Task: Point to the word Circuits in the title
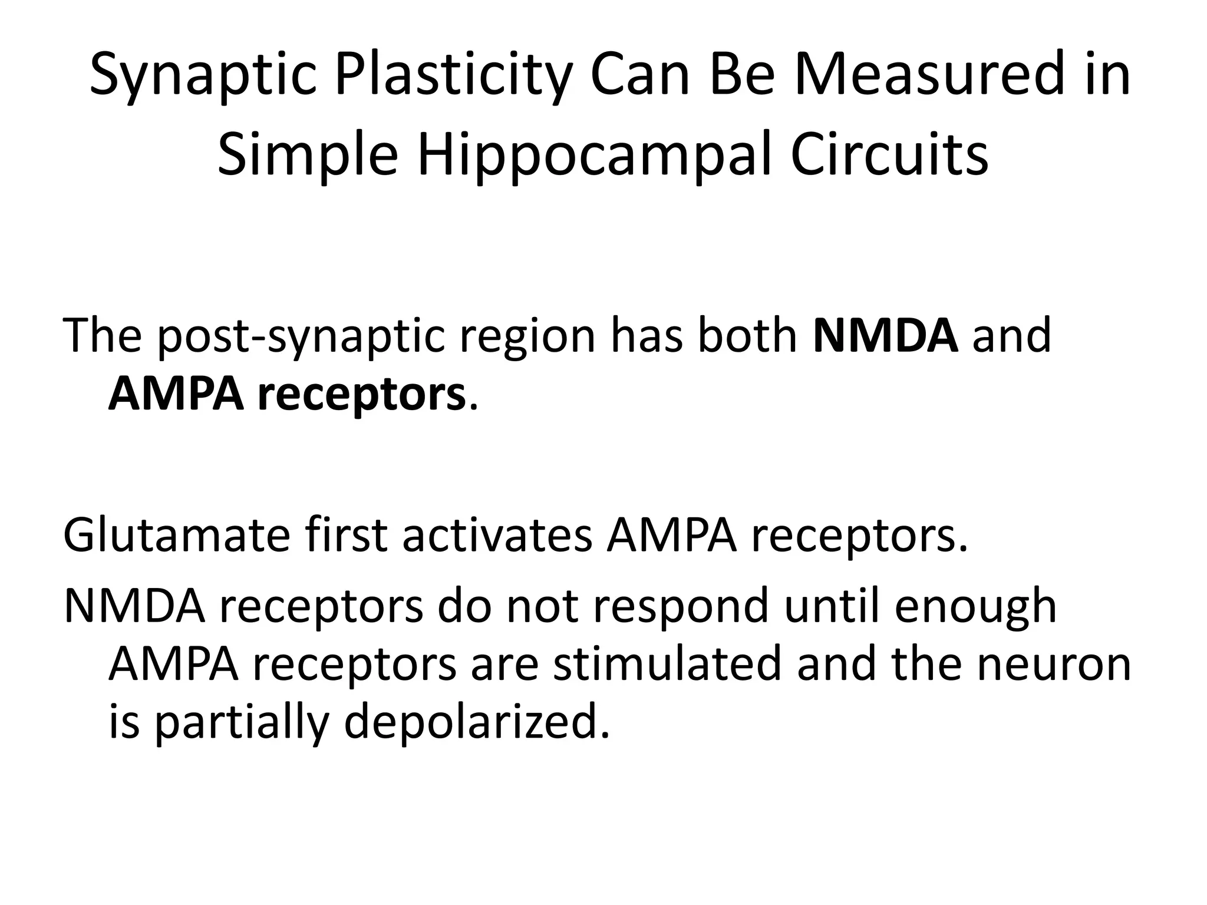(889, 156)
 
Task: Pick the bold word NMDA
(886, 335)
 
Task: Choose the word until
(832, 606)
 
